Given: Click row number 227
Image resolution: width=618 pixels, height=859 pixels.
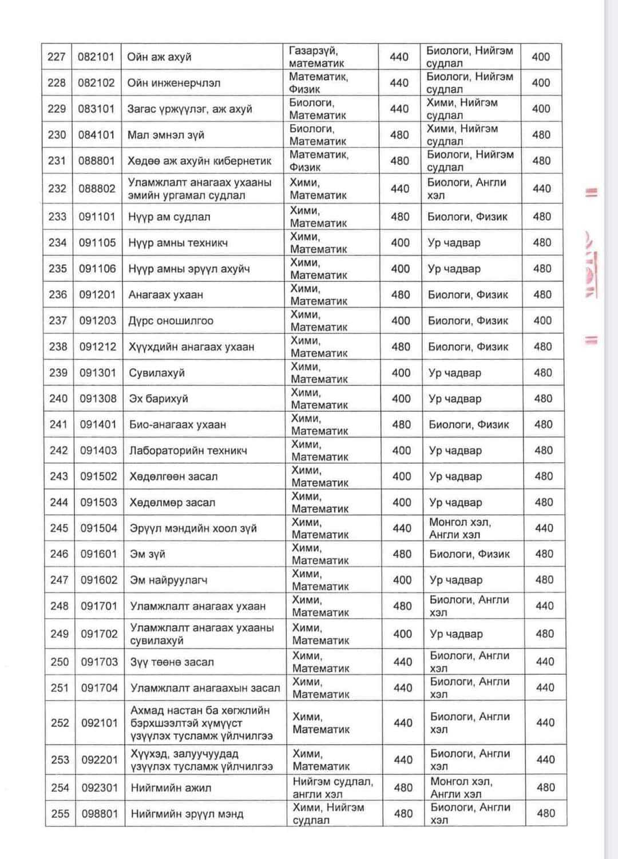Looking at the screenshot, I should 56,57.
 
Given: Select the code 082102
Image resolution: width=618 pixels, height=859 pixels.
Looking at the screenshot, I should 96,83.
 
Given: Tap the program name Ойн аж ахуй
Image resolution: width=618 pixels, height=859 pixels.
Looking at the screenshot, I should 159,57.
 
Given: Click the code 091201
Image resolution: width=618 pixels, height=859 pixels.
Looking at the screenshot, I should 97,295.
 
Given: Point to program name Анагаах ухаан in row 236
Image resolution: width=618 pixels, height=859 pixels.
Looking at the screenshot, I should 165,295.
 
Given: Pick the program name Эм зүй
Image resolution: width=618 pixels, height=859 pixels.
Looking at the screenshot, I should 148,554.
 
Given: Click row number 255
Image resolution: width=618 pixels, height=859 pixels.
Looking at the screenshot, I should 60,813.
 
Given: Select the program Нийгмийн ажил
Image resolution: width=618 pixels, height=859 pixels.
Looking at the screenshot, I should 171,788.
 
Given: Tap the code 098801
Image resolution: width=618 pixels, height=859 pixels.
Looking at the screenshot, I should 100,813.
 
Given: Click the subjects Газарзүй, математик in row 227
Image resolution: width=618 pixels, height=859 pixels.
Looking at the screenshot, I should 318,57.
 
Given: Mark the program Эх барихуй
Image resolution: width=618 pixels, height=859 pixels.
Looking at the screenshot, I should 159,399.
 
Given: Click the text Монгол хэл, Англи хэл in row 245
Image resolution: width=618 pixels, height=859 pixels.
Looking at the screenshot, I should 460,528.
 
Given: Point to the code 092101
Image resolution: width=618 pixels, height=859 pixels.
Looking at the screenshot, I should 99,723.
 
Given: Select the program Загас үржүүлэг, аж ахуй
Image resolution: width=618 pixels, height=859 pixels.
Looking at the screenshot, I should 189,109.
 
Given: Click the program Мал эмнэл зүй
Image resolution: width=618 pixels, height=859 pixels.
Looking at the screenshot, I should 166,135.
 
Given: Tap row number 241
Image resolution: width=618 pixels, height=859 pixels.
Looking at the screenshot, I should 58,424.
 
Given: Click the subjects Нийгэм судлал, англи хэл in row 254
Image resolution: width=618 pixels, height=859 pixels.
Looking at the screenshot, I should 332,788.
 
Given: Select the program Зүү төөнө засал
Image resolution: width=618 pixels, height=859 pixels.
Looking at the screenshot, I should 172,662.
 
